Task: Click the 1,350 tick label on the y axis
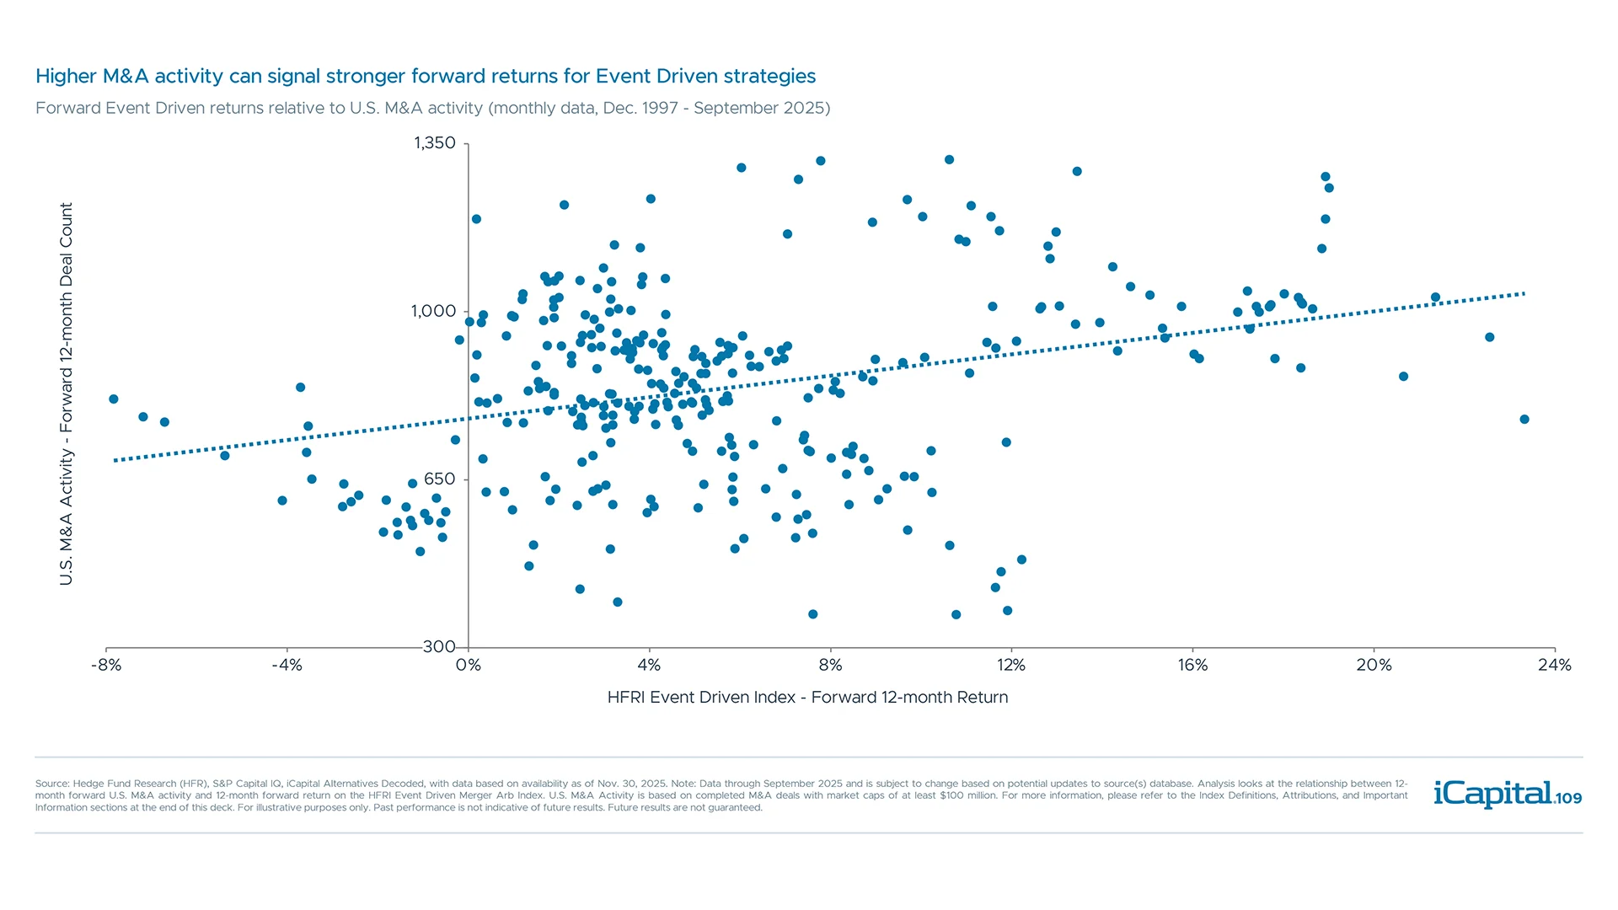point(434,143)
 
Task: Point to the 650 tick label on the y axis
point(439,479)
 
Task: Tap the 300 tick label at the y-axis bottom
point(439,646)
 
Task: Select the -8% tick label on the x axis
point(106,666)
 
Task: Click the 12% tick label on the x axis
point(1011,666)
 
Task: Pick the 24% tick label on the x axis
point(1554,666)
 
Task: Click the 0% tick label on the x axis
point(469,666)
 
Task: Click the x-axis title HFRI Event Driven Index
point(807,698)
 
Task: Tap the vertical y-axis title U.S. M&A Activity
point(67,393)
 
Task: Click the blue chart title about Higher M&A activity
point(426,77)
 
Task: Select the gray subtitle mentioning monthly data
point(432,109)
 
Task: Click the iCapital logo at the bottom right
point(1492,794)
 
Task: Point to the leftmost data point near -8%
point(114,399)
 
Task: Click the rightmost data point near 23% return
point(1524,420)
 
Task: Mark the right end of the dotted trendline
point(1524,294)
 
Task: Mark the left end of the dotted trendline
point(116,460)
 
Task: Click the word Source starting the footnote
point(51,784)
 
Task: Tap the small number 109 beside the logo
point(1569,799)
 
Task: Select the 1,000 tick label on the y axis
point(433,312)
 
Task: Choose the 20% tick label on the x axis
point(1374,666)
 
